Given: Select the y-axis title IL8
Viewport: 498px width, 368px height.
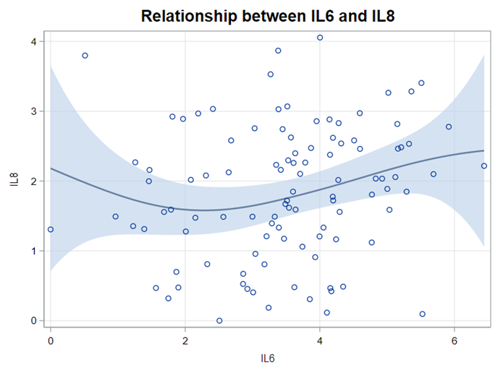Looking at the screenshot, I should pos(14,181).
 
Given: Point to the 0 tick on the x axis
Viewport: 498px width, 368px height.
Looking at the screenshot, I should pos(51,341).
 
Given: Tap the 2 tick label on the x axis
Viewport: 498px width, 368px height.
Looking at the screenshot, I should pos(185,341).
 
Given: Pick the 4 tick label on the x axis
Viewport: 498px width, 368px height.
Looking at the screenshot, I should pos(320,341).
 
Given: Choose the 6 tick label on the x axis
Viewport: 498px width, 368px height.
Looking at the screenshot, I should pos(455,341).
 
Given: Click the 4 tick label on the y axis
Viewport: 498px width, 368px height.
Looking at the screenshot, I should pos(33,41).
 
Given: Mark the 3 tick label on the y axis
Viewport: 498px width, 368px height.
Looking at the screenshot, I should pos(33,111).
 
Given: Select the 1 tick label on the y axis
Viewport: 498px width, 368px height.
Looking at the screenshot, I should pos(33,251).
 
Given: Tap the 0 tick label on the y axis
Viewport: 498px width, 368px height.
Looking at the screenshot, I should pos(33,320).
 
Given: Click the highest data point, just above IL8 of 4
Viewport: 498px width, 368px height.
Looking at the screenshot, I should pos(320,38).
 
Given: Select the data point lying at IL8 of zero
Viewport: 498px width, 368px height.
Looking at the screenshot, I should pos(219,320).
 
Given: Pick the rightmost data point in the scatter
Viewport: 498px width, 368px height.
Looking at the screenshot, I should pos(484,166).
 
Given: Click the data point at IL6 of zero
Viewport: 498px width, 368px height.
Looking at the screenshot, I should pos(51,229).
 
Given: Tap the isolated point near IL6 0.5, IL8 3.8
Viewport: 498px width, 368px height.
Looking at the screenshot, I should pos(85,56).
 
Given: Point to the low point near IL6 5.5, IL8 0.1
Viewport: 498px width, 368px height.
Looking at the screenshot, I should pos(422,314).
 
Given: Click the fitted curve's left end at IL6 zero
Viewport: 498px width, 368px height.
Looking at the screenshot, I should pos(51,168).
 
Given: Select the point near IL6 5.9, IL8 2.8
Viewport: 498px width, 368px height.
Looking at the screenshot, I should pos(449,127).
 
